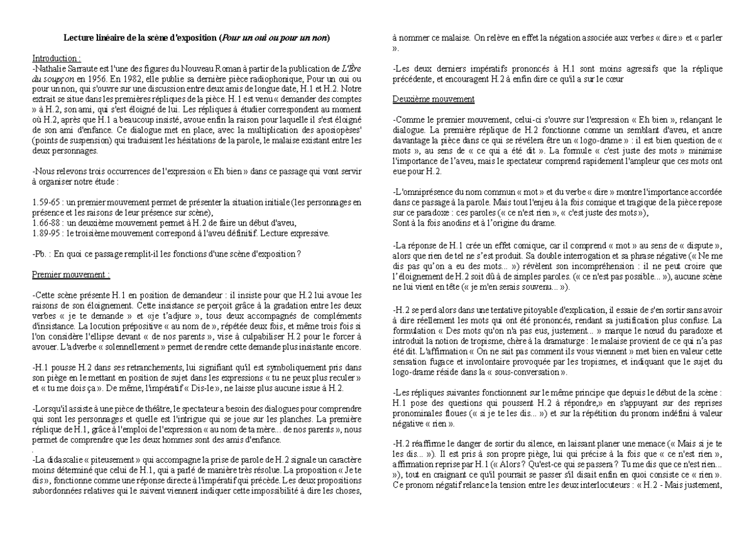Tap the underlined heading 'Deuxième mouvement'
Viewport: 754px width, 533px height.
pyautogui.click(x=433, y=99)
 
